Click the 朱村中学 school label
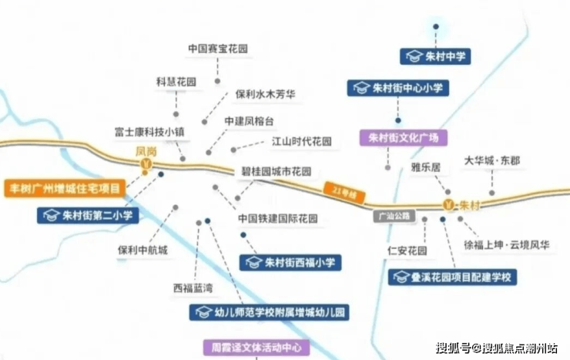[435, 56]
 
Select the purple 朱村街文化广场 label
[403, 138]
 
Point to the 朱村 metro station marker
[449, 205]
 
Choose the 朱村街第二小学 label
[89, 215]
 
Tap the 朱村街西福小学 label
[290, 262]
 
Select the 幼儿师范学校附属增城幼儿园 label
[270, 312]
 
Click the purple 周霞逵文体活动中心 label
[256, 348]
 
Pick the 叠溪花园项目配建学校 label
[452, 277]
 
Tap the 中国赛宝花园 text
[218, 48]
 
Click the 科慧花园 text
[176, 81]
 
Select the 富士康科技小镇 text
[149, 130]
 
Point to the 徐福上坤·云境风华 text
[507, 245]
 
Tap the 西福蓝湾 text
[193, 288]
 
